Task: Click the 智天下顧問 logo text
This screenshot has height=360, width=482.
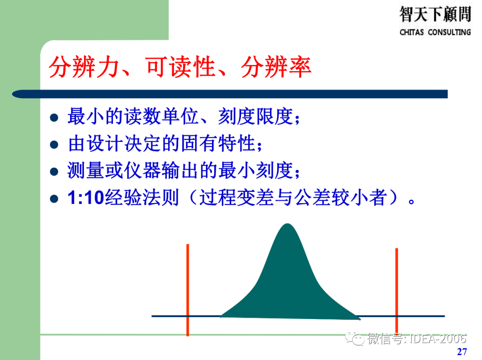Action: tap(435, 15)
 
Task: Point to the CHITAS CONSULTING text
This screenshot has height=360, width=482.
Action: tap(435, 33)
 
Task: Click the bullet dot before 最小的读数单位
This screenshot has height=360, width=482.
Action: tap(54, 118)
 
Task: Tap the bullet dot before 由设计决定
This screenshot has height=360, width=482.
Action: tap(54, 145)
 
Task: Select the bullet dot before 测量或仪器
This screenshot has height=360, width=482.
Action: tap(54, 172)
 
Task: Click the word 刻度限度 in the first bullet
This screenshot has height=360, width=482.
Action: tap(256, 117)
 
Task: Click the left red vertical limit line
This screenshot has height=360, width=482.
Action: tap(188, 290)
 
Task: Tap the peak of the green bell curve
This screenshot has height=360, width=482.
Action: tap(288, 225)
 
